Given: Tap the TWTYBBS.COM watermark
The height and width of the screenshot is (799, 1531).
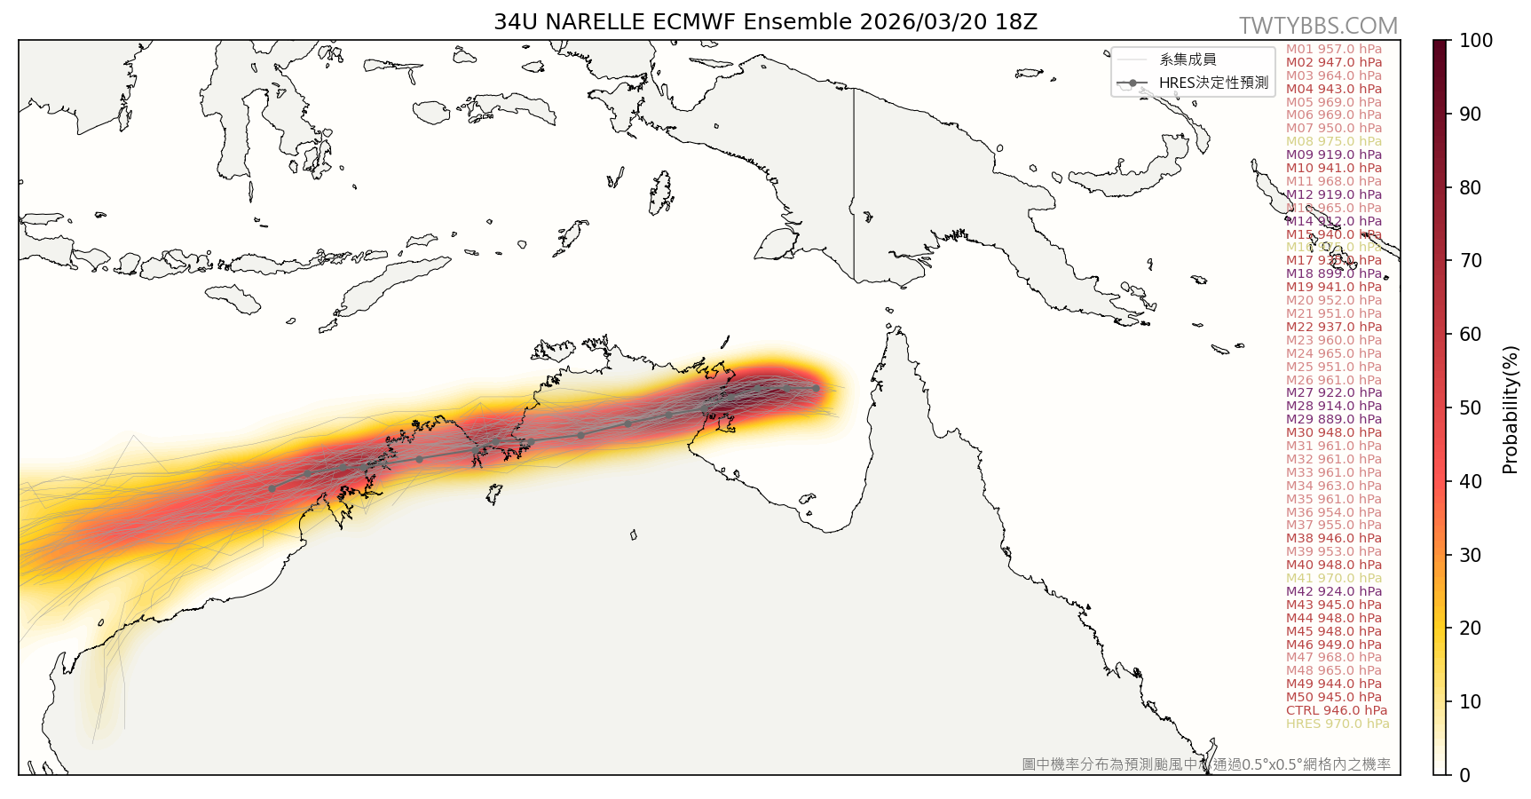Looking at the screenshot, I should tap(1318, 26).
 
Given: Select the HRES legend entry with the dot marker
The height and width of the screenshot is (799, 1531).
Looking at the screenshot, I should tap(1195, 83).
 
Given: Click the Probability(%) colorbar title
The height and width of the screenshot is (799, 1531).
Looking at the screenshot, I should tap(1510, 409).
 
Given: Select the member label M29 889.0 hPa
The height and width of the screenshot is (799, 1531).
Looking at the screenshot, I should tap(1333, 419).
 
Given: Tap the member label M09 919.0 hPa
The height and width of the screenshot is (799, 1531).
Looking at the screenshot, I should tap(1333, 154).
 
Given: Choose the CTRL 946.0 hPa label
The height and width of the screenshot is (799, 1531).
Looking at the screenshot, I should tap(1336, 710).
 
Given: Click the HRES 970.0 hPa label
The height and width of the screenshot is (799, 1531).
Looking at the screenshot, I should tap(1337, 724).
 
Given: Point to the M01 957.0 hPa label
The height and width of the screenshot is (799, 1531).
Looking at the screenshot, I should tap(1333, 49).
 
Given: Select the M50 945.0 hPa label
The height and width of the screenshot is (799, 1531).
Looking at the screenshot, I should tap(1333, 697).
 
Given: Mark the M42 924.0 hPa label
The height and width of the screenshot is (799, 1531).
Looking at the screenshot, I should tap(1333, 591).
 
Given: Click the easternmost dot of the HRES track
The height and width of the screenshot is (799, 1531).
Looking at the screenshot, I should tap(816, 388).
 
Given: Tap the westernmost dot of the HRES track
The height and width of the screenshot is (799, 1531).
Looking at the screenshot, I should tap(272, 488).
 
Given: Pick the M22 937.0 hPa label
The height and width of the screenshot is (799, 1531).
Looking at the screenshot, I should tap(1333, 327).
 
